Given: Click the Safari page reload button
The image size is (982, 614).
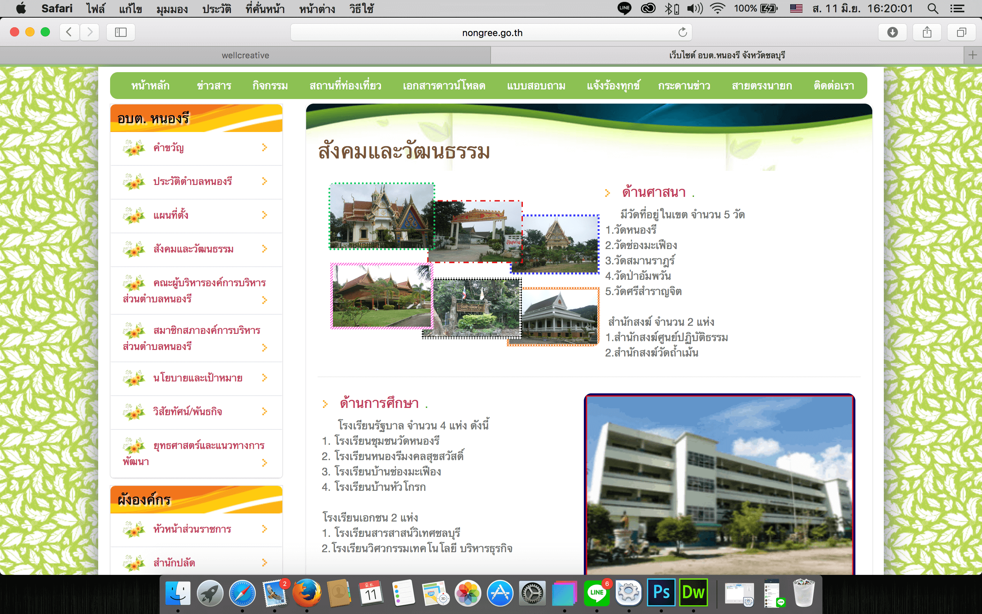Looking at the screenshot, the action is pyautogui.click(x=682, y=32).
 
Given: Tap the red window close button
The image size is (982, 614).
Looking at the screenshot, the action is pyautogui.click(x=15, y=32).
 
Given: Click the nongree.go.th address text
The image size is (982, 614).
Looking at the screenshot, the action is pyautogui.click(x=492, y=33).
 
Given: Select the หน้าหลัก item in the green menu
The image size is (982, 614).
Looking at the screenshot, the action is pyautogui.click(x=150, y=86).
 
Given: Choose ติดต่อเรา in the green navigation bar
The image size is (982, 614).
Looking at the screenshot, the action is pyautogui.click(x=834, y=86).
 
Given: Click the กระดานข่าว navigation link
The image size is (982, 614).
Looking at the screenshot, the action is pyautogui.click(x=684, y=86).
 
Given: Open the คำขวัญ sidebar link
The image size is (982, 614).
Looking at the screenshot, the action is pyautogui.click(x=168, y=147).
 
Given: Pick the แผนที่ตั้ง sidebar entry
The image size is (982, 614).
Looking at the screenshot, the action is pyautogui.click(x=171, y=215).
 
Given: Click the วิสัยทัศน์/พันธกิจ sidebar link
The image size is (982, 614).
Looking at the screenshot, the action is pyautogui.click(x=188, y=411).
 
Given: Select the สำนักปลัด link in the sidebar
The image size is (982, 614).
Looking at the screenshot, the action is pyautogui.click(x=174, y=563).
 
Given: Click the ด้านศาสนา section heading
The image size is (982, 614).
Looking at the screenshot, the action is pyautogui.click(x=654, y=192).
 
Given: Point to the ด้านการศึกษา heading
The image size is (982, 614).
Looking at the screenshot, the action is pyautogui.click(x=379, y=403).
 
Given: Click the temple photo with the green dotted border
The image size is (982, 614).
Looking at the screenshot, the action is pyautogui.click(x=382, y=216).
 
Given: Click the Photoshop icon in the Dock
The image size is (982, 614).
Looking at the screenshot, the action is pyautogui.click(x=661, y=593).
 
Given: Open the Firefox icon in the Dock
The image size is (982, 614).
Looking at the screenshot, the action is pyautogui.click(x=307, y=593).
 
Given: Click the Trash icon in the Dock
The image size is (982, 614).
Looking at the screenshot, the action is pyautogui.click(x=804, y=593).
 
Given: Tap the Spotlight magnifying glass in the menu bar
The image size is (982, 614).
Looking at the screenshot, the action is pyautogui.click(x=933, y=8).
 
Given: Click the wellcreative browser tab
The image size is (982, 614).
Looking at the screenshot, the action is pyautogui.click(x=245, y=55).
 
